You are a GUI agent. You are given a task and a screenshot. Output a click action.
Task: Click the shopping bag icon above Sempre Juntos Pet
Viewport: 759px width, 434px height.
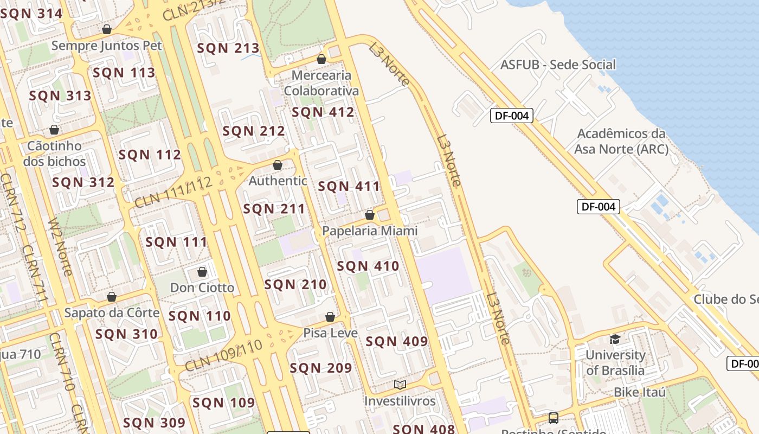[107, 29]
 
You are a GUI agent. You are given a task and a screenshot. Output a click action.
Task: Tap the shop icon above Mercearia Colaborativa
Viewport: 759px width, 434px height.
[321, 59]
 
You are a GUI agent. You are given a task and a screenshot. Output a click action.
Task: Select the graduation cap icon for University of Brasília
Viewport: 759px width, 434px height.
[615, 340]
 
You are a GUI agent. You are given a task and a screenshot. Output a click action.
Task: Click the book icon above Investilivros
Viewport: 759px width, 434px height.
[400, 385]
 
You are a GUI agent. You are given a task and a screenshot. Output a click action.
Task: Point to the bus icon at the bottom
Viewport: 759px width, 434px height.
[553, 418]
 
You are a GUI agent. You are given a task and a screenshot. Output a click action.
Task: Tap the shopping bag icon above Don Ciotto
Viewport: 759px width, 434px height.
[202, 272]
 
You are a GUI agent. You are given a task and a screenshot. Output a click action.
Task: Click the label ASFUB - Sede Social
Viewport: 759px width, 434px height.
[558, 65]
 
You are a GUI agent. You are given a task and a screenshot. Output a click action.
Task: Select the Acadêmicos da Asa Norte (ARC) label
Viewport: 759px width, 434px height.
[621, 141]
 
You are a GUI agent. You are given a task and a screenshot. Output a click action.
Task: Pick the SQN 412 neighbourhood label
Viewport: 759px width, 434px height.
[323, 112]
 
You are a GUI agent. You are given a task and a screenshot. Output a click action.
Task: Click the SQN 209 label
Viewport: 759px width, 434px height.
[321, 368]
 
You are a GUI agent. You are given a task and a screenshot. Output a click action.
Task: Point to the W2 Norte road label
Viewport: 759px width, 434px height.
[60, 247]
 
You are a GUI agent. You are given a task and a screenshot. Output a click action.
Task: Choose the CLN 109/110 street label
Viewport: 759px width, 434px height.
[223, 356]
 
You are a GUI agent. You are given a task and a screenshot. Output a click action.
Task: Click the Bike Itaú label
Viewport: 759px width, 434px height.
[640, 392]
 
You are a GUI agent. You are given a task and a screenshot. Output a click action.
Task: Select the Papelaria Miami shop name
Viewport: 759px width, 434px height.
[370, 231]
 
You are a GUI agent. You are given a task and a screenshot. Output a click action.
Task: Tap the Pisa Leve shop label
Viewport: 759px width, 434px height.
[330, 333]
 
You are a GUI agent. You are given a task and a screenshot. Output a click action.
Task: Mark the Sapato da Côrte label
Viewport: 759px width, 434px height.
[112, 312]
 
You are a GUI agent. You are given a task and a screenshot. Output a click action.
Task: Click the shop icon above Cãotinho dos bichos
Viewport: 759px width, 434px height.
[54, 130]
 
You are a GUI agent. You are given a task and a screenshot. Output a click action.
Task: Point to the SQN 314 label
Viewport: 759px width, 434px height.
[31, 14]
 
